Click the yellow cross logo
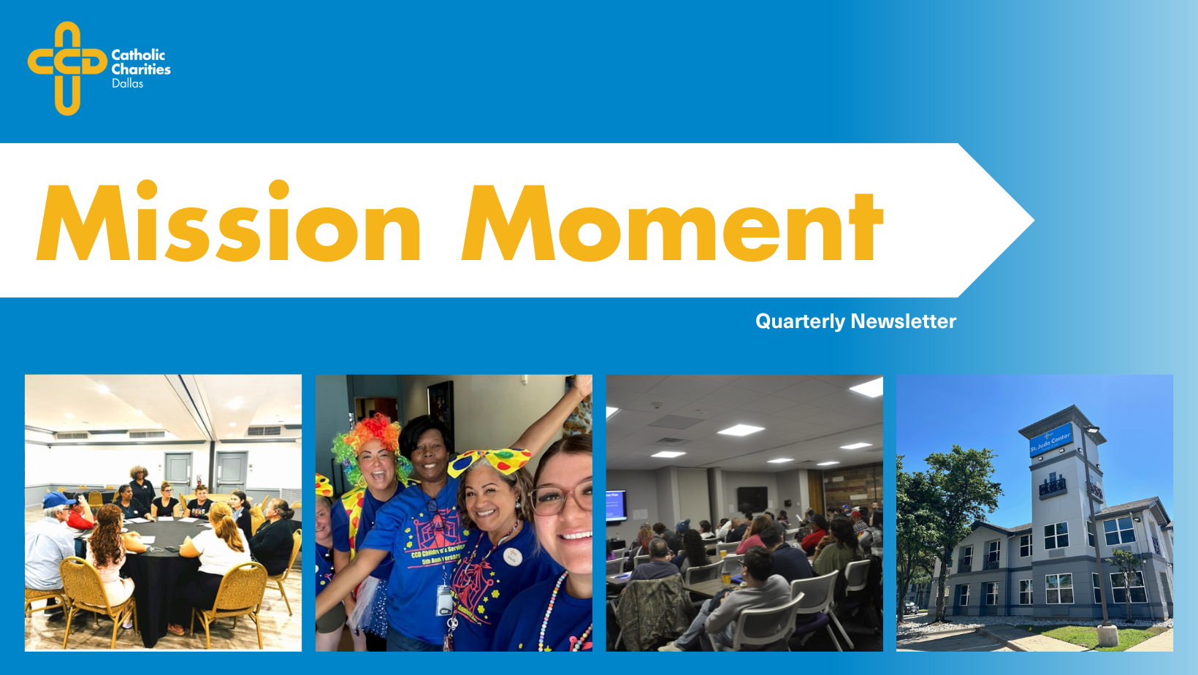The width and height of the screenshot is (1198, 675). (x=67, y=67)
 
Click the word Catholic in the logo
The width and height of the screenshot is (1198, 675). (x=138, y=55)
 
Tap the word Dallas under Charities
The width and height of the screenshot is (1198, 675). (x=127, y=84)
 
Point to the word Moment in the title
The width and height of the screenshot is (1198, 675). (x=672, y=224)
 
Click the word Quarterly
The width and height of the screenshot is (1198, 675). (x=800, y=321)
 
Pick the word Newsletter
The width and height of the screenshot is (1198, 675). (x=904, y=321)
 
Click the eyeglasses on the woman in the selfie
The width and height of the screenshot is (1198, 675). (x=561, y=498)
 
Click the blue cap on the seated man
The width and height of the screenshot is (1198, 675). (x=57, y=500)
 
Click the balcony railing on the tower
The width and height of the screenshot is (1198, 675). (x=1052, y=486)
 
